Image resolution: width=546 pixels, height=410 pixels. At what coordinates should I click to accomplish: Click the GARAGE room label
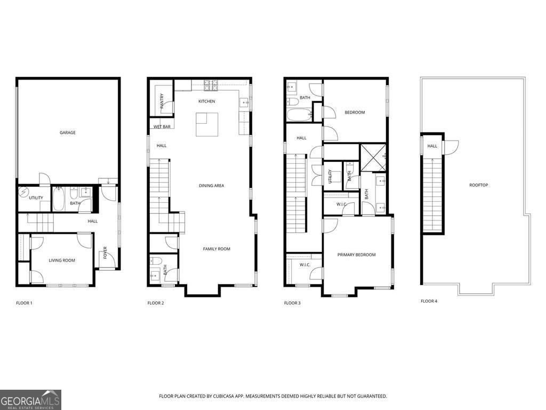coord(67,132)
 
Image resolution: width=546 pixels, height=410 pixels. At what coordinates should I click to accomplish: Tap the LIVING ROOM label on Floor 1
coord(62,261)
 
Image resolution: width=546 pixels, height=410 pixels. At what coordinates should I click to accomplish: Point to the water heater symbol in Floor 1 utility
coord(23,192)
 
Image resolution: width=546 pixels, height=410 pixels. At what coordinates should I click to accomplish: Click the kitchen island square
coord(207,124)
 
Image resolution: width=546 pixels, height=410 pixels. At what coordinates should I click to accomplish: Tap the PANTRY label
coord(162,99)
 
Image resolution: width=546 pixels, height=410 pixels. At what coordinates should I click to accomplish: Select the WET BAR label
coord(162,127)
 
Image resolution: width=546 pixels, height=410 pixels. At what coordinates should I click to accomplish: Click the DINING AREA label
coord(211,186)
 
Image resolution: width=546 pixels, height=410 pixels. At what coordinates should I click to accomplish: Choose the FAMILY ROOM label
coord(216,249)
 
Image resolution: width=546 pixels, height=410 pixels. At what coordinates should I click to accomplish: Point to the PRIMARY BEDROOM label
coord(356,255)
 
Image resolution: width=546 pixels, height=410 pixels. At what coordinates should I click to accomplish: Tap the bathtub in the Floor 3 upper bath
coord(299,115)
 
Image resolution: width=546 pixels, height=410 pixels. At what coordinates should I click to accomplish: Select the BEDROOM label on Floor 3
coord(355,112)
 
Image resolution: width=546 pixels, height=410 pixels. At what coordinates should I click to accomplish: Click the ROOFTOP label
coord(478,185)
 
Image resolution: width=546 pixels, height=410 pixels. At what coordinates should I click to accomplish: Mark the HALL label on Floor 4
coord(432,146)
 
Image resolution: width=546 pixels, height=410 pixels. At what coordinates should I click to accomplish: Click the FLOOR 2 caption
coord(156,303)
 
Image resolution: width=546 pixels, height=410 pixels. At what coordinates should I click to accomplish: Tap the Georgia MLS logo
coord(30,399)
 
